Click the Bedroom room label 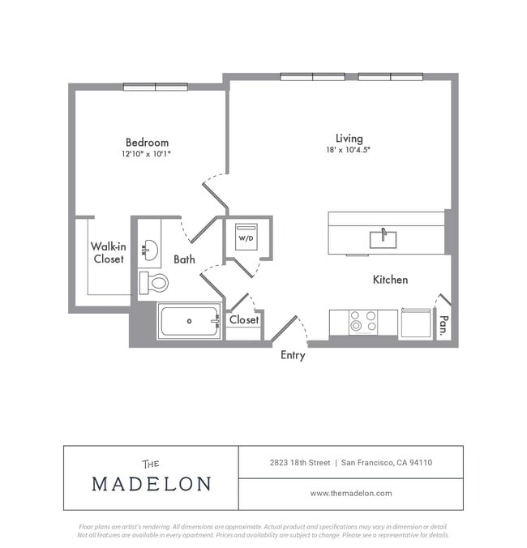click(x=147, y=142)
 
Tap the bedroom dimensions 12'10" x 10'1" click(x=147, y=153)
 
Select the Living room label click(x=349, y=138)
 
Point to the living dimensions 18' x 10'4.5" click(x=349, y=149)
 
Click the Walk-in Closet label click(x=107, y=252)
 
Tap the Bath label click(x=184, y=259)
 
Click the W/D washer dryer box click(x=246, y=238)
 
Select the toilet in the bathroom click(x=154, y=283)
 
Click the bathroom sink click(x=150, y=250)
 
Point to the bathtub click(x=190, y=321)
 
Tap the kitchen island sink click(x=383, y=238)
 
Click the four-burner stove click(x=362, y=322)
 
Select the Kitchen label click(x=390, y=280)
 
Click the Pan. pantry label click(x=443, y=326)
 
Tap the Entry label click(x=293, y=355)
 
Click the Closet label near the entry click(x=244, y=320)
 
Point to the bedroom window click(x=155, y=87)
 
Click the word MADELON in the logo click(x=151, y=484)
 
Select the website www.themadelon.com click(x=351, y=493)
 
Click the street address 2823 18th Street click(x=300, y=463)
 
